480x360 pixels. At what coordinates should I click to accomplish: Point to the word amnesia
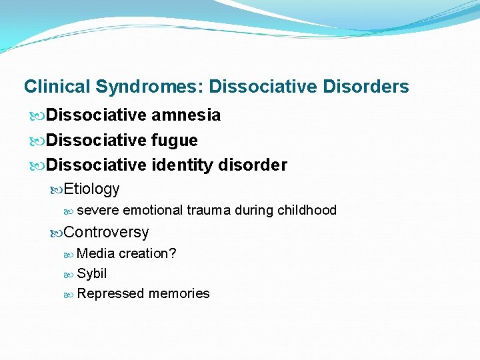point(186,115)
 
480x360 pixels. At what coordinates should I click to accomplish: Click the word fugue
point(175,141)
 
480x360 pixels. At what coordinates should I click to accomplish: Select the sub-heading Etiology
point(92,189)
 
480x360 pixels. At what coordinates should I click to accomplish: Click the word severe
point(98,211)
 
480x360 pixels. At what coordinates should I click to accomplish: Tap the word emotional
point(153,211)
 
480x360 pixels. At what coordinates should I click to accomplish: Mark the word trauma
point(209,211)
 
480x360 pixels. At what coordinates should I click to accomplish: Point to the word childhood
point(307,211)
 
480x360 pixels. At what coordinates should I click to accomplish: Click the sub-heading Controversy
point(106,233)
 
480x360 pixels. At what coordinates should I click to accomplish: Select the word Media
point(95,254)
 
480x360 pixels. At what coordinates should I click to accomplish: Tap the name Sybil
point(92,274)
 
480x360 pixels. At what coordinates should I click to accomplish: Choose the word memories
point(179,294)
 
